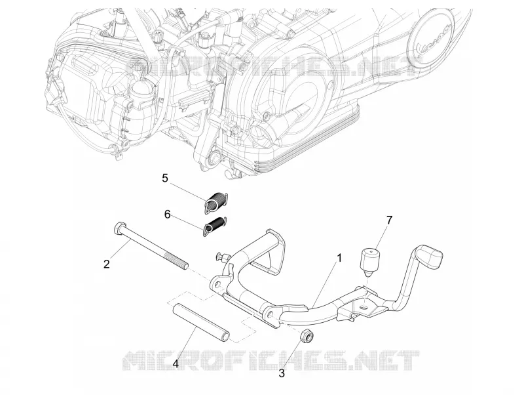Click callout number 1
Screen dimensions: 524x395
coord(339,258)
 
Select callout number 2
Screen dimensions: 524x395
coord(107,264)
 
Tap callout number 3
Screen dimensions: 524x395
coord(282,373)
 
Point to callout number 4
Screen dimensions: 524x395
coord(176,364)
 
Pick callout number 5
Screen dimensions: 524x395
coord(165,178)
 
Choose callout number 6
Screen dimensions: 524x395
coord(168,215)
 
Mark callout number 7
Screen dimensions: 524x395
coord(388,220)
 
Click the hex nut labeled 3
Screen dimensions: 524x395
coord(307,335)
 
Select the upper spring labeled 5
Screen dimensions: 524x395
coord(216,201)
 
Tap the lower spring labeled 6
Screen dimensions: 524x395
coord(215,225)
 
